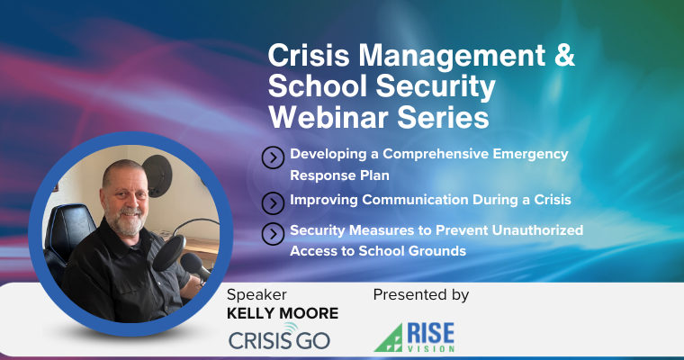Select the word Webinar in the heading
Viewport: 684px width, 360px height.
click(321, 118)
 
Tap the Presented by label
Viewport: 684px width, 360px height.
click(420, 294)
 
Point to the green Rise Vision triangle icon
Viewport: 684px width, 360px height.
click(389, 337)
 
